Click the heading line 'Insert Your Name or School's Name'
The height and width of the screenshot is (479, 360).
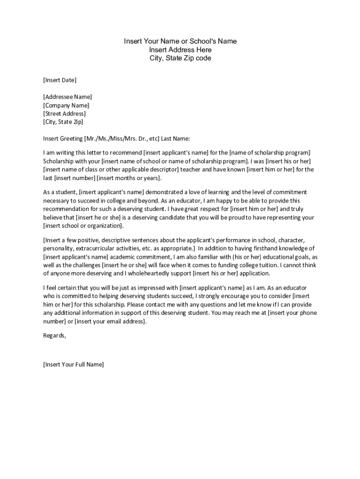click(180, 41)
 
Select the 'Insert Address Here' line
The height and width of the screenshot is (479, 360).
click(180, 50)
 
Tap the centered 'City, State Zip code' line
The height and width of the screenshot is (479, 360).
click(180, 58)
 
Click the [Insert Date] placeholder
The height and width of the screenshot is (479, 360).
click(60, 80)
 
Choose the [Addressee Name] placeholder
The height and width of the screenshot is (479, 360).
click(67, 97)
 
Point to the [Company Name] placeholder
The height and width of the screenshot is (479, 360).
click(66, 105)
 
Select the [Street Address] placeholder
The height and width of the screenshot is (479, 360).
click(65, 114)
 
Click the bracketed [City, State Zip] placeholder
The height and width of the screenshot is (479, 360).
click(63, 122)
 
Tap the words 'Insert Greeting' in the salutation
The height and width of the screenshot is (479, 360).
click(63, 138)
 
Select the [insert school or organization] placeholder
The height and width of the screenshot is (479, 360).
click(83, 226)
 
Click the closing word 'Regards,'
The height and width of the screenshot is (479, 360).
click(55, 335)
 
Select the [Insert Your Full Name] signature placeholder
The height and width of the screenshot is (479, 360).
click(73, 364)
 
